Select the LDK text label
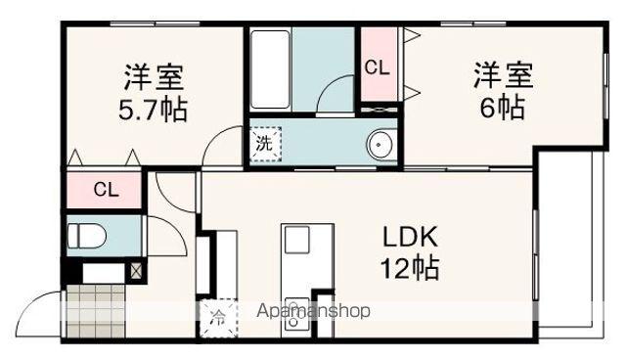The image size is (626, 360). click(410, 238)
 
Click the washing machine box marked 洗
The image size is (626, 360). click(263, 144)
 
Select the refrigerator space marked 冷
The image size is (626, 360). click(217, 316)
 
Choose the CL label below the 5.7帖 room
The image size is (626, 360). click(106, 190)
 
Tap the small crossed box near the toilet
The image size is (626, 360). click(135, 269)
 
